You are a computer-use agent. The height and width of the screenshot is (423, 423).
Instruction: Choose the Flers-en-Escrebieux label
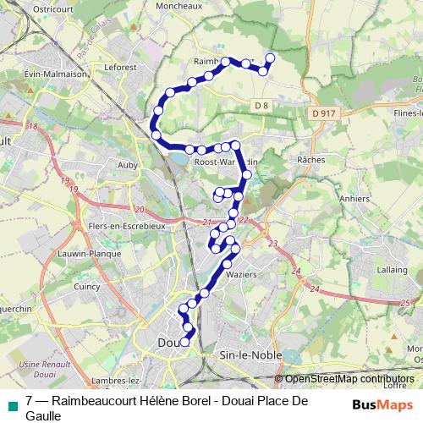click(127, 227)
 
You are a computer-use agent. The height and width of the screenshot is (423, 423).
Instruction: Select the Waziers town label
click(242, 275)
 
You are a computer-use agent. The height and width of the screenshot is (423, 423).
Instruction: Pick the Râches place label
click(312, 158)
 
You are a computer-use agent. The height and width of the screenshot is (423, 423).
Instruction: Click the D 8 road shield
click(261, 105)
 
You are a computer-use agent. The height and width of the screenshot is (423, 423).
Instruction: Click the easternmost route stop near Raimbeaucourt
click(271, 58)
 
